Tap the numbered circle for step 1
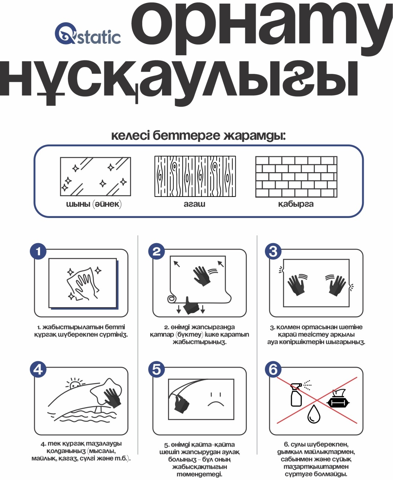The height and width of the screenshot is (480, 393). [38, 251]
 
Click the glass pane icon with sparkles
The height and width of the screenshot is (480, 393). [95, 176]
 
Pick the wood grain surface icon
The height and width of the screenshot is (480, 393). [195, 176]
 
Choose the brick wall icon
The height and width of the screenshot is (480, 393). [296, 176]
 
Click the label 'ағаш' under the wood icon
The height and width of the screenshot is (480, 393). [195, 204]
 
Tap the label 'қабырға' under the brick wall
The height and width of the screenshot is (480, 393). [296, 204]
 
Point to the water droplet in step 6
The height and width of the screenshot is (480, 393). [314, 414]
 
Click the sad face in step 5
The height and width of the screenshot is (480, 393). [216, 400]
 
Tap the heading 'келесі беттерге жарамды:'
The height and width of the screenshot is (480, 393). [198, 136]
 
